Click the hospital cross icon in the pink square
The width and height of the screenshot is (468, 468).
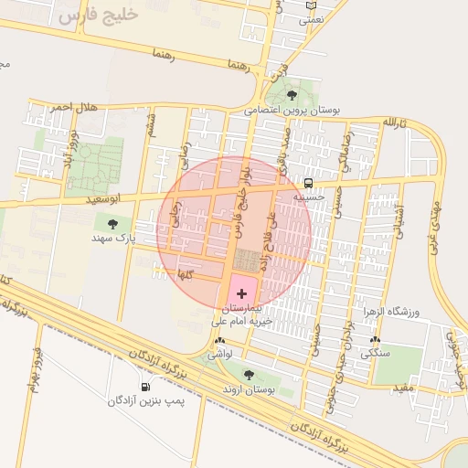click(x=241, y=292)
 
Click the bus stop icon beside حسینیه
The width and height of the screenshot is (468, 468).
click(x=308, y=183)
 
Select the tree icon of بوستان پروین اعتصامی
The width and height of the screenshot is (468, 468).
click(x=292, y=94)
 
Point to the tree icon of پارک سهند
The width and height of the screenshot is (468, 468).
click(x=112, y=223)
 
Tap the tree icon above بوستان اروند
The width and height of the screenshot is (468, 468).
click(x=249, y=374)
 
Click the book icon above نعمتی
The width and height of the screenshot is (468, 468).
click(x=312, y=5)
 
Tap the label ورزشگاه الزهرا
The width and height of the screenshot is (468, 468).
click(x=416, y=312)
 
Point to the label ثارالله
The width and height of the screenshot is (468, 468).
click(x=392, y=122)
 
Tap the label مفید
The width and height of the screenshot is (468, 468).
click(x=404, y=388)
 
